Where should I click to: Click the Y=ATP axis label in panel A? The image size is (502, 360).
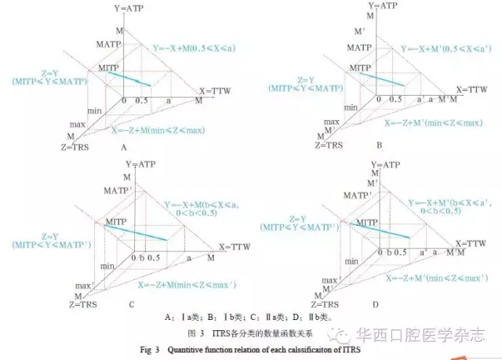tap(130, 7)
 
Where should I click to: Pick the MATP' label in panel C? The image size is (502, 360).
tap(110, 192)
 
